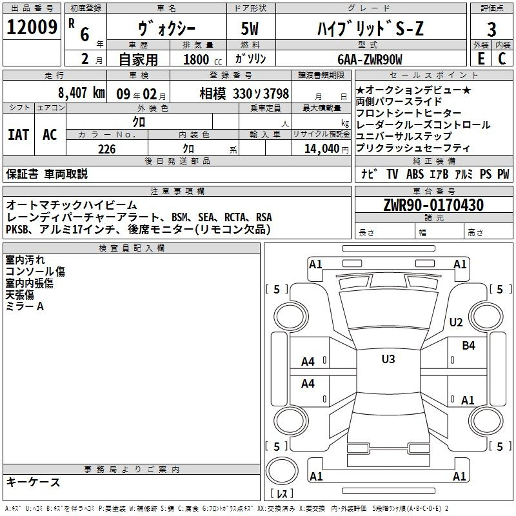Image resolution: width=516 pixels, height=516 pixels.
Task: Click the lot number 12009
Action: (32, 27)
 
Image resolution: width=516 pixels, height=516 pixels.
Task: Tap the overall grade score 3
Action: (491, 30)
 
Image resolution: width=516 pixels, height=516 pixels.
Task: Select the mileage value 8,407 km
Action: (82, 93)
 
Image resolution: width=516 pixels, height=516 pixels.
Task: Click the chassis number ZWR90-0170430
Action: (433, 205)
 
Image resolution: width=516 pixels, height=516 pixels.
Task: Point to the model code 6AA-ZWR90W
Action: (370, 59)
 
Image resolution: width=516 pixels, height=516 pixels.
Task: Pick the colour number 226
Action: (106, 149)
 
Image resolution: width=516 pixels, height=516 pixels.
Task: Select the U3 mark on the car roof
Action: (388, 359)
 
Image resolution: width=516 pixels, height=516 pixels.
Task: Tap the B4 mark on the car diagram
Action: (468, 346)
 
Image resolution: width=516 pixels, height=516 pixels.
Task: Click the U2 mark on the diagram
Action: (456, 322)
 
